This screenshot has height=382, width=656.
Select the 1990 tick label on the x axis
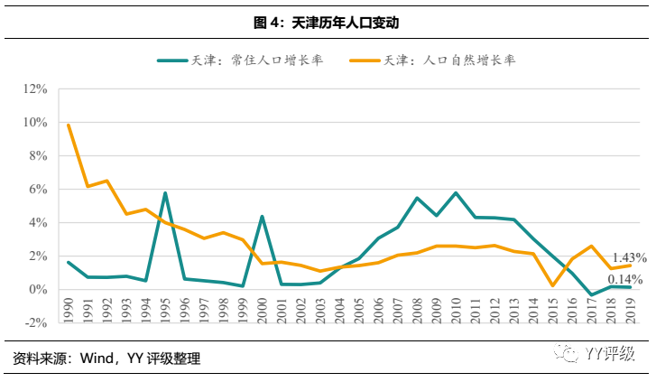(69, 307)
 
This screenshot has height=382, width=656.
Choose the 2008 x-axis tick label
(417, 307)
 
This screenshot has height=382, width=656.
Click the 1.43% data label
(628, 258)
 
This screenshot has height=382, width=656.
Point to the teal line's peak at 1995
(165, 192)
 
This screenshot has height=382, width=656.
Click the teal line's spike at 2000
(262, 216)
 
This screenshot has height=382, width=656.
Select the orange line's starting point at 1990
(69, 125)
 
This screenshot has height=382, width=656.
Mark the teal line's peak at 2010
(456, 192)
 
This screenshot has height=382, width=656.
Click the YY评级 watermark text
(612, 355)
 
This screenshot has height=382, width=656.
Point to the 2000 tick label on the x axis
(263, 307)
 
